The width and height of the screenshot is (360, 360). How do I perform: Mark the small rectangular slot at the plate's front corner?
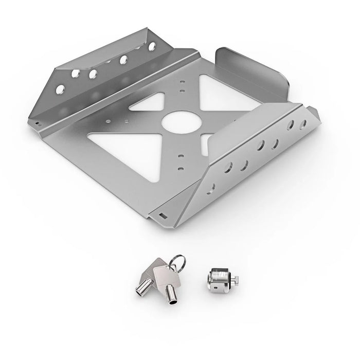(x=163, y=214)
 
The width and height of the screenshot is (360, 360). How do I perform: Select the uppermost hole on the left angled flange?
(x=152, y=47)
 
